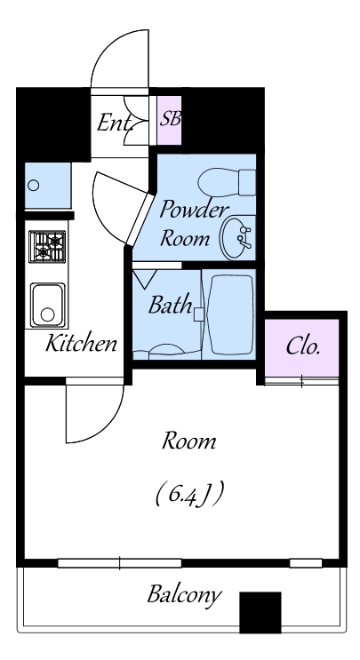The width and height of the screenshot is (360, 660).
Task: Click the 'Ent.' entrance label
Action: coord(115,123)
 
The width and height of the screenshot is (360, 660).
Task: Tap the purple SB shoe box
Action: coord(169,120)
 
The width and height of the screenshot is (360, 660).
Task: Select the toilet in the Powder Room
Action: coord(227,182)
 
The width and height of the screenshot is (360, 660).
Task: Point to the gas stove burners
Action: coord(47,247)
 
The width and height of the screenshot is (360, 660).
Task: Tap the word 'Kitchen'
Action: coord(81,343)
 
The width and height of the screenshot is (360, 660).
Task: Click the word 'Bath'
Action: coord(170,305)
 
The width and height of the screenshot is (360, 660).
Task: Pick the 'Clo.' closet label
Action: coord(303,346)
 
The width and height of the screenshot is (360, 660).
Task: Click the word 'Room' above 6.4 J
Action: coord(189,441)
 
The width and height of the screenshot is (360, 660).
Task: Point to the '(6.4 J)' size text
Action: coord(189,494)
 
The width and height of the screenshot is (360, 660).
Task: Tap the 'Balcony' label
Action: coord(184,596)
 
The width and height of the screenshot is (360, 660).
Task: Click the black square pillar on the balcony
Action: coord(260,612)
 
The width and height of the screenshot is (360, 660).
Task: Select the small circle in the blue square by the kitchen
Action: coord(33,185)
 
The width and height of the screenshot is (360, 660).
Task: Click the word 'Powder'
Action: coord(194,210)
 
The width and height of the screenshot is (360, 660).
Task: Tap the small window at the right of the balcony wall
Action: coord(306,563)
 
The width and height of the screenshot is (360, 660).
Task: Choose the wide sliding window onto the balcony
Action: coord(120,563)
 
